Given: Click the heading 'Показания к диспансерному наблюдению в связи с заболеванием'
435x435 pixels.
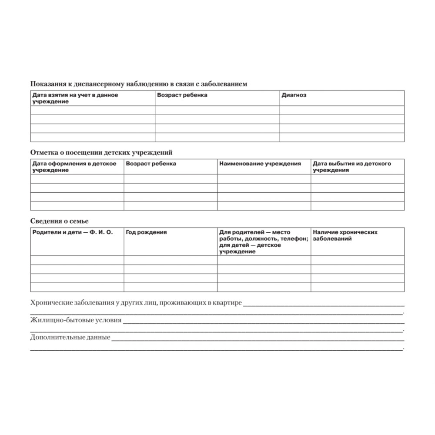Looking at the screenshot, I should [x=139, y=84].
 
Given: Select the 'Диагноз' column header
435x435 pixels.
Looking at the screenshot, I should [x=294, y=95].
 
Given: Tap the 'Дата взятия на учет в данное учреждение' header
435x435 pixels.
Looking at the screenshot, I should [x=75, y=98].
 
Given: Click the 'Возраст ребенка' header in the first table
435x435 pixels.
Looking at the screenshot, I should [x=182, y=95].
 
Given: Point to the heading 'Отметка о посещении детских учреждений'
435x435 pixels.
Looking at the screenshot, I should [x=101, y=153].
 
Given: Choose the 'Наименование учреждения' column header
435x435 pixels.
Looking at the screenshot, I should [x=260, y=164].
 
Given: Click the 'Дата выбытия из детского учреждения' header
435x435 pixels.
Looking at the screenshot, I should [x=352, y=167].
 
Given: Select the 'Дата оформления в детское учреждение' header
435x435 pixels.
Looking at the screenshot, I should [x=74, y=167].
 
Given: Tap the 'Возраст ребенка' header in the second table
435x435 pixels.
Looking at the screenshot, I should [x=151, y=164].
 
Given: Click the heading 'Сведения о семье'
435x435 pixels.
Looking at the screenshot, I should [x=60, y=221].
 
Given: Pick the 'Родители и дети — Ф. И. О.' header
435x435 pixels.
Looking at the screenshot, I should [x=73, y=232].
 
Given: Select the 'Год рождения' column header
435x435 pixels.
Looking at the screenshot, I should [x=146, y=232].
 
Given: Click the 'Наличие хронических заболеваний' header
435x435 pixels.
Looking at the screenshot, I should [x=345, y=235].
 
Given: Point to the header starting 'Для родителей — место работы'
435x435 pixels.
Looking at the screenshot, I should [x=264, y=242].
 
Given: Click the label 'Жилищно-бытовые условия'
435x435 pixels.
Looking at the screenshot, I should [x=76, y=321].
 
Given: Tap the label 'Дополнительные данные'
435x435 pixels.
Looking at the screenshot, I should [x=70, y=337].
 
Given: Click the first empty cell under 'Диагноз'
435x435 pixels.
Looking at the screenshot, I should [x=342, y=110].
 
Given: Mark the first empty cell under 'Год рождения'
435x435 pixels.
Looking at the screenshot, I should [x=171, y=260].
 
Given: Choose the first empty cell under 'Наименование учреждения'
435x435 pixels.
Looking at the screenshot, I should [x=264, y=179].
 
